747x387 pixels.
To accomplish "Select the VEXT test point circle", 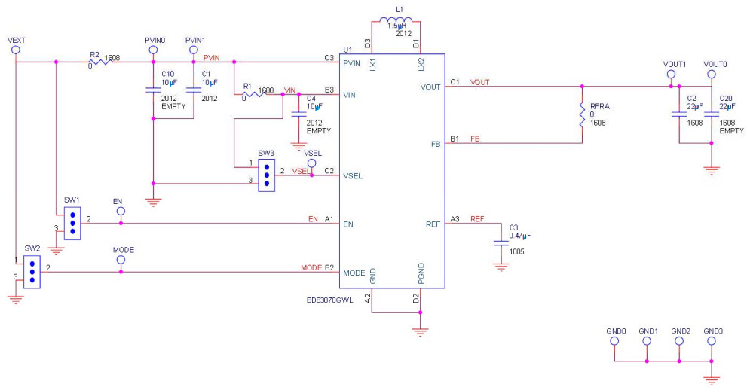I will tap(15, 49).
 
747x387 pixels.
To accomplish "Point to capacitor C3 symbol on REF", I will tap(499, 242).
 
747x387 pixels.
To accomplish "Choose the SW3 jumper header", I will tap(266, 174).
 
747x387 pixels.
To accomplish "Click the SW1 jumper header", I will tap(72, 222).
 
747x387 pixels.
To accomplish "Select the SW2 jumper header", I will tap(32, 270).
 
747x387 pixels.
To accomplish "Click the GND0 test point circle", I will tap(614, 341).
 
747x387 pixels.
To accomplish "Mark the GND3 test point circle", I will tap(711, 341).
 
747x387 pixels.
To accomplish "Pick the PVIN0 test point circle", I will tap(152, 49).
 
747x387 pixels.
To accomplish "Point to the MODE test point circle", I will tap(121, 259).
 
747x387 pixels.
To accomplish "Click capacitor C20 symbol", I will tap(711, 114).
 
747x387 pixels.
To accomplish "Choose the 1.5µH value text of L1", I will tap(398, 25).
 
